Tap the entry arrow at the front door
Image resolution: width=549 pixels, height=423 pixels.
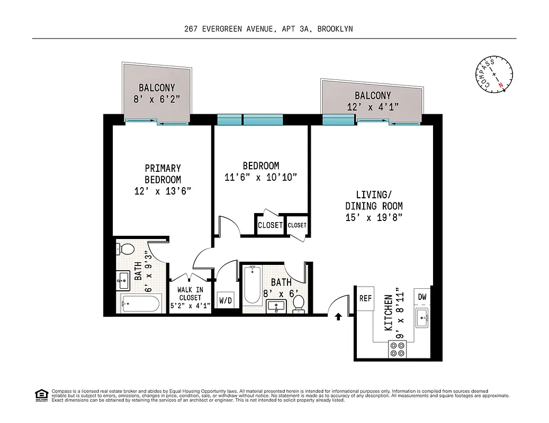pos(338,317)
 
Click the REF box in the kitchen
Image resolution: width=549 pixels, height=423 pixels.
pos(365,298)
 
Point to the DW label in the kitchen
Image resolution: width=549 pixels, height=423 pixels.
pos(422,297)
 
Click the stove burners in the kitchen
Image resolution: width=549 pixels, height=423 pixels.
pos(397,349)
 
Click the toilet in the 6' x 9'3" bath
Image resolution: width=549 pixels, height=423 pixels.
pos(126,248)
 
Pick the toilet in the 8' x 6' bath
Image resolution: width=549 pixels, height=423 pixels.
pos(299,304)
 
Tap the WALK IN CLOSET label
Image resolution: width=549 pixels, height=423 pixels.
pos(190,297)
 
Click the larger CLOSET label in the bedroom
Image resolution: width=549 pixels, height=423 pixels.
pos(270,225)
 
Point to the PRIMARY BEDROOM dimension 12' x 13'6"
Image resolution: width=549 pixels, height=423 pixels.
pos(163,191)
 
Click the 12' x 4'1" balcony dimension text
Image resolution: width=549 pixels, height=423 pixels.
pos(373,106)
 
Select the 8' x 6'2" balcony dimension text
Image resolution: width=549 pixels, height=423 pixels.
pos(157,99)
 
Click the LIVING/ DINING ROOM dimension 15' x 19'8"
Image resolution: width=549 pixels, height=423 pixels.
pos(374,218)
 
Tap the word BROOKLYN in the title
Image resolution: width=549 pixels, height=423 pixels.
pos(335,29)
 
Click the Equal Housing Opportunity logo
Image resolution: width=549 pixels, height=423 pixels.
pos(41,394)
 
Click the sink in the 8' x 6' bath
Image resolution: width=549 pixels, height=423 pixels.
pos(275,306)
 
